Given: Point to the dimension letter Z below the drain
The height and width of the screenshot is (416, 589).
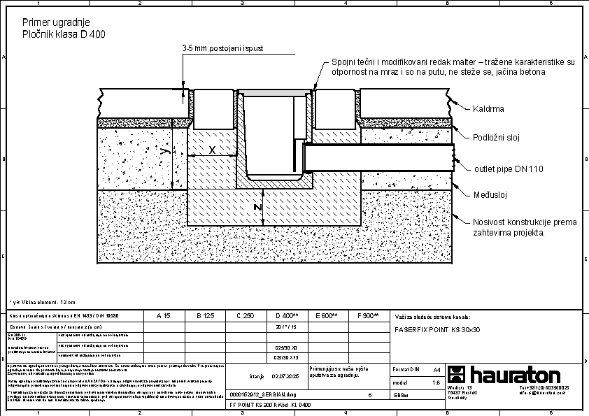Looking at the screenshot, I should coord(257,208).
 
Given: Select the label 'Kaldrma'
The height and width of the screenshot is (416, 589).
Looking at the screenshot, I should coord(488,109).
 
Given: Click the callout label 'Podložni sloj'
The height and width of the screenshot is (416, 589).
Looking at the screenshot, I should coord(497,137).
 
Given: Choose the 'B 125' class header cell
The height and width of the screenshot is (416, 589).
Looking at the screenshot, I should coord(204,316).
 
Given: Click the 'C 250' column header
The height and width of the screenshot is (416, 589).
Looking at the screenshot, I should coord(245,316).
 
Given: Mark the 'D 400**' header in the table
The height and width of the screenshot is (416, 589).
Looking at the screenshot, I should coord(287,316).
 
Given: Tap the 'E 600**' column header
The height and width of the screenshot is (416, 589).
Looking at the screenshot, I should coord(327,316).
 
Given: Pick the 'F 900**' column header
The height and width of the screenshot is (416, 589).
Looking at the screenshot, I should coord(368,316).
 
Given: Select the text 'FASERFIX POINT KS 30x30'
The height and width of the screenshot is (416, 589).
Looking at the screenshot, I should coord(437,329).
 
